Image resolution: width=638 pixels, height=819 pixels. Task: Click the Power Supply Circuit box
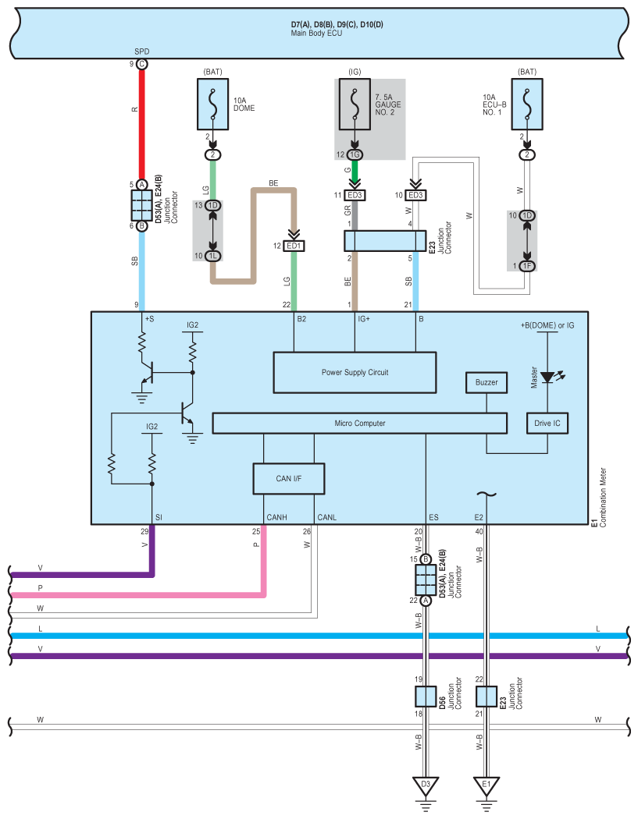pyautogui.click(x=355, y=372)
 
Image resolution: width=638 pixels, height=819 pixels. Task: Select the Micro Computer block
pyautogui.click(x=360, y=423)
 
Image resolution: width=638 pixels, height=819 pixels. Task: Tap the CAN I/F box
pyautogui.click(x=289, y=478)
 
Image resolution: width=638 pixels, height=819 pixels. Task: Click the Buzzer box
pyautogui.click(x=487, y=382)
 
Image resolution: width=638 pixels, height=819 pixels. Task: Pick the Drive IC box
pyautogui.click(x=547, y=423)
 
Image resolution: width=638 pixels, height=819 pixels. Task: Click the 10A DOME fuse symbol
pyautogui.click(x=213, y=104)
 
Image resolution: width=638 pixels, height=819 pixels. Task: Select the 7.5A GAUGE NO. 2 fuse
pyautogui.click(x=355, y=104)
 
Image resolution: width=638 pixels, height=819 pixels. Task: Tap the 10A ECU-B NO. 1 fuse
pyautogui.click(x=527, y=104)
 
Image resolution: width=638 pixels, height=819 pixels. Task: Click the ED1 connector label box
pyautogui.click(x=294, y=246)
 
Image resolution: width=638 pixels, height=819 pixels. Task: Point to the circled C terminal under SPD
pyautogui.click(x=141, y=64)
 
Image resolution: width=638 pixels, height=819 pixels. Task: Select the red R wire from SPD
pyautogui.click(x=141, y=124)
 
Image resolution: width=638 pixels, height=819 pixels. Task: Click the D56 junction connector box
pyautogui.click(x=426, y=697)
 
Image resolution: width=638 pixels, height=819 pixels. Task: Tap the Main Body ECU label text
pyautogui.click(x=316, y=33)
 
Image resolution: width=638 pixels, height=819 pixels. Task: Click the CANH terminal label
pyautogui.click(x=276, y=517)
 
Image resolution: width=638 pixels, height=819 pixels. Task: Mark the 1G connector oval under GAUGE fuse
pyautogui.click(x=355, y=154)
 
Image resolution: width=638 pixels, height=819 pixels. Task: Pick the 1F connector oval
pyautogui.click(x=527, y=266)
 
